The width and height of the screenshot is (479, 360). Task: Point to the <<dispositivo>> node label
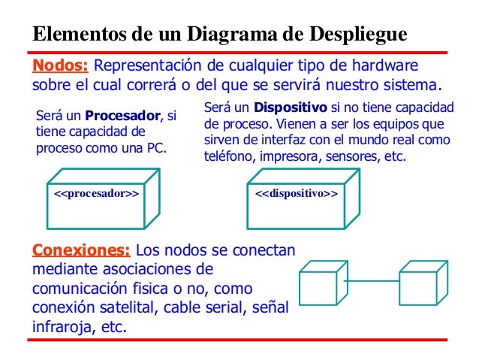point(297,194)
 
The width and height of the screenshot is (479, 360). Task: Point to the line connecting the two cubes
point(372,282)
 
